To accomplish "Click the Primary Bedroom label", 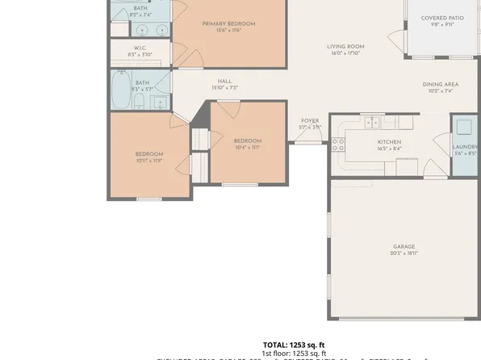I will (228, 24).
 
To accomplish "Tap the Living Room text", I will (345, 47).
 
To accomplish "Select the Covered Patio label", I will (443, 18).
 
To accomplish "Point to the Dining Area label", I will (441, 84).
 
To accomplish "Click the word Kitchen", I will (389, 142).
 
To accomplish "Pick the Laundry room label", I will (466, 146).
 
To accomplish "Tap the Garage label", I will (404, 246).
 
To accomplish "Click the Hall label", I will (225, 81).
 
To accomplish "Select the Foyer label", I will (310, 121).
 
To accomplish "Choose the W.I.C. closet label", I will (140, 48).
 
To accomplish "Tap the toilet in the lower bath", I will (139, 101).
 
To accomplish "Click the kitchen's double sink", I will (372, 123).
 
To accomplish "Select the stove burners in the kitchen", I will (338, 144).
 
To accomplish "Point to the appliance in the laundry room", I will (465, 127).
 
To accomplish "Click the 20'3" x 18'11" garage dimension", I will (404, 253).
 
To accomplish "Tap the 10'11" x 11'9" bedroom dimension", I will (148, 161).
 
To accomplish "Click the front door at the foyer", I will (306, 139).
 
